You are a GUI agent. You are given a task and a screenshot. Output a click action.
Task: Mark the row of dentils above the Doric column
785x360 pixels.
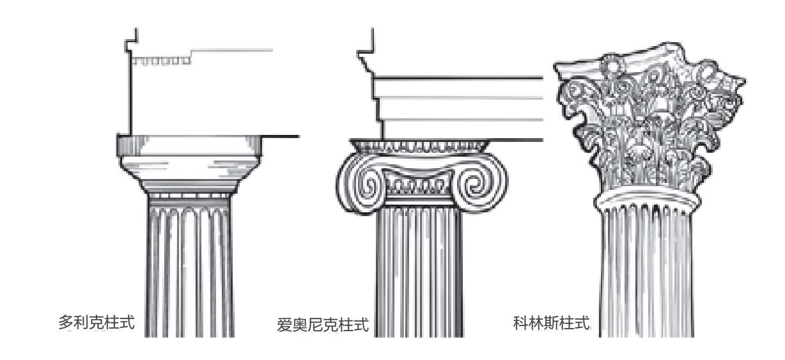pos(162,61)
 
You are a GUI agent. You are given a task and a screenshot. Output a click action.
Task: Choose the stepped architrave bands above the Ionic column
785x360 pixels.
pos(457,109)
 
